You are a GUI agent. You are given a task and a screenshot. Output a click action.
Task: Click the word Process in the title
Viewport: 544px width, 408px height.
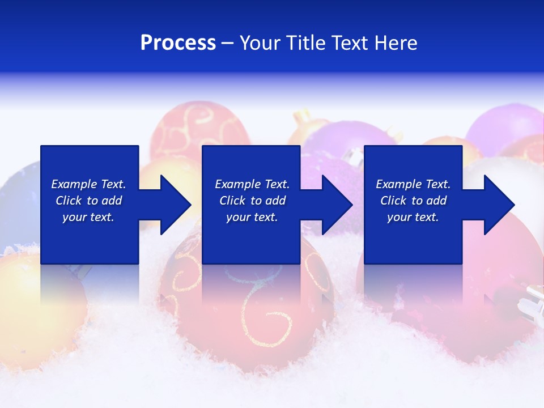tap(178, 43)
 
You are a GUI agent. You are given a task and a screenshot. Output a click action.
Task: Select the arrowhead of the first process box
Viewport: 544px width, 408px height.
tap(175, 205)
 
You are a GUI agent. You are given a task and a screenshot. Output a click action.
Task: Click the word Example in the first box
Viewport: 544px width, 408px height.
tap(74, 184)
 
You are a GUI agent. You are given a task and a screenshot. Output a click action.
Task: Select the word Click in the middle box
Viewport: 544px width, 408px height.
tap(232, 201)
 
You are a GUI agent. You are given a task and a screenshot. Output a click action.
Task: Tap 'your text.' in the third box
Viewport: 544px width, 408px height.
tap(413, 217)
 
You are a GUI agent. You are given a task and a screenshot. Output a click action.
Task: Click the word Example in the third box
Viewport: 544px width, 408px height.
tap(398, 184)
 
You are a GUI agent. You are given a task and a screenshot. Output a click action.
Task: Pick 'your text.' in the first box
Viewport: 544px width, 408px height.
tap(88, 217)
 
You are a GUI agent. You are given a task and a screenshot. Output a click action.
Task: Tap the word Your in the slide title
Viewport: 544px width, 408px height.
tap(261, 43)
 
